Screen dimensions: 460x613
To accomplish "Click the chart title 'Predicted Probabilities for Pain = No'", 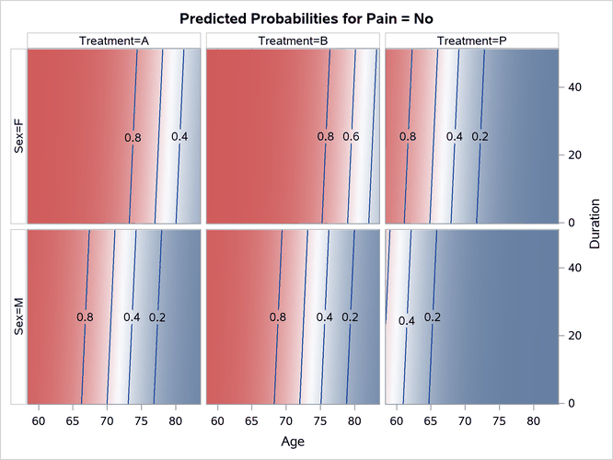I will coord(306,18).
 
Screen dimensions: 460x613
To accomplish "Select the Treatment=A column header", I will coord(112,40).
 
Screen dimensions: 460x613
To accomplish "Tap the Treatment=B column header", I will coord(293,40).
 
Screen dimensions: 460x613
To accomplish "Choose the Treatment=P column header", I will coord(472,40).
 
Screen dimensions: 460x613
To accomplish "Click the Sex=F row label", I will coord(18,136).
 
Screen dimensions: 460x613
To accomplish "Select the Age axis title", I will coord(292,443).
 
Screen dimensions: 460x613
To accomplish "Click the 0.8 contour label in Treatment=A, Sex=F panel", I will coord(133,138).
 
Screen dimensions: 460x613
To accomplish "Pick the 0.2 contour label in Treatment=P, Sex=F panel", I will coord(480,137).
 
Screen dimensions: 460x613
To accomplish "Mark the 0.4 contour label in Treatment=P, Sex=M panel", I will coord(407,321).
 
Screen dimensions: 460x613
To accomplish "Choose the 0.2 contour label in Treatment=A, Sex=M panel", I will coord(157,317).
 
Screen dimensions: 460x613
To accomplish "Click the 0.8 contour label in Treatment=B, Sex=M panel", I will coord(277,317).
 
